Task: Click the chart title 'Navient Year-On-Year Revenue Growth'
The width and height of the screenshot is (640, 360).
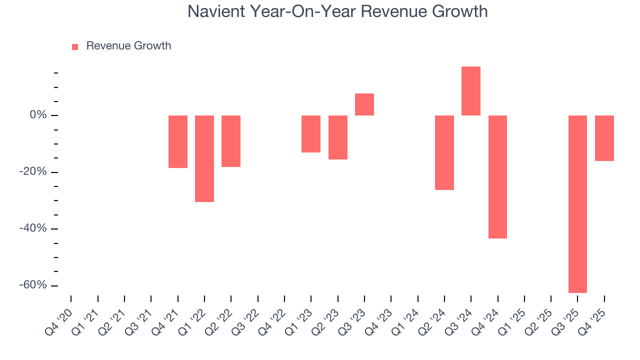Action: [x=337, y=11]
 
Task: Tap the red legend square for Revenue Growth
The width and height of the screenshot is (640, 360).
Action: [x=75, y=46]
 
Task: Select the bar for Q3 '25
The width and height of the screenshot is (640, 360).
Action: [x=577, y=204]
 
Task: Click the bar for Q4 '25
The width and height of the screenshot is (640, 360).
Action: [x=604, y=138]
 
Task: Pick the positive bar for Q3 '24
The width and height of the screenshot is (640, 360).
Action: [x=471, y=91]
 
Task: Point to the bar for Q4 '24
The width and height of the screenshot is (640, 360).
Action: [x=497, y=177]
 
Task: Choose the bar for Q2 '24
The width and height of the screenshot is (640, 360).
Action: [x=444, y=152]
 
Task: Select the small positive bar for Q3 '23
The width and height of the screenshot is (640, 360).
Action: [x=364, y=104]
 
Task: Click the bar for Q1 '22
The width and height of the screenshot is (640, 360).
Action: [x=204, y=158]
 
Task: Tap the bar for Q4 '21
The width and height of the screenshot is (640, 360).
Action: [x=178, y=141]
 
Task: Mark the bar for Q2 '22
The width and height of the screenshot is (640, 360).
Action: [x=231, y=141]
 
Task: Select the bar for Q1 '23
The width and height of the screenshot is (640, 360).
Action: [x=311, y=134]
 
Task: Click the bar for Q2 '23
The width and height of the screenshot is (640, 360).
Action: [x=338, y=137]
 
